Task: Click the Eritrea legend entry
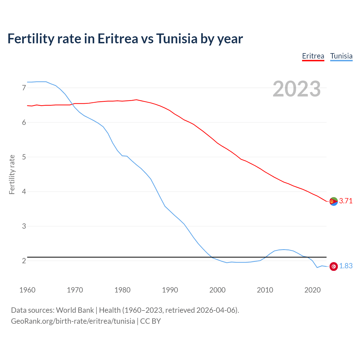coord(313,56)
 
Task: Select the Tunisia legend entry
coord(341,56)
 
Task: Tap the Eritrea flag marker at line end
coord(334,201)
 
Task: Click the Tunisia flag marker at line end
coord(334,266)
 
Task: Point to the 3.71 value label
coord(346,201)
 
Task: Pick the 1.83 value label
coord(346,266)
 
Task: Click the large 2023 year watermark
coord(296,89)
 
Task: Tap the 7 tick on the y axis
coord(24,88)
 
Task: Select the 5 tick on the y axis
coord(24,157)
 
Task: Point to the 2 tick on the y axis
coord(24,261)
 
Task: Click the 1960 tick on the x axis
coord(27,290)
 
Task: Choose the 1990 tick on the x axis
coord(170,290)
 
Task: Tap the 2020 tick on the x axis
coord(312,290)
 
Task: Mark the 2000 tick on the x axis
coord(217,290)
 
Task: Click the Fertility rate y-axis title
coord(12,174)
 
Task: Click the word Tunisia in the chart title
coord(177,39)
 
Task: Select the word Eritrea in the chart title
coord(118,39)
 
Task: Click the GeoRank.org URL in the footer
coord(73,321)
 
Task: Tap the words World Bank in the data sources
coord(75,310)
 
